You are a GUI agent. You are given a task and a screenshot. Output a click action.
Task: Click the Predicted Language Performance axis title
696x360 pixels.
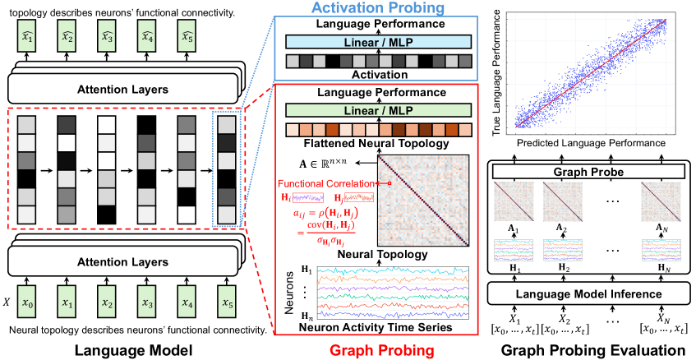pos(592,143)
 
